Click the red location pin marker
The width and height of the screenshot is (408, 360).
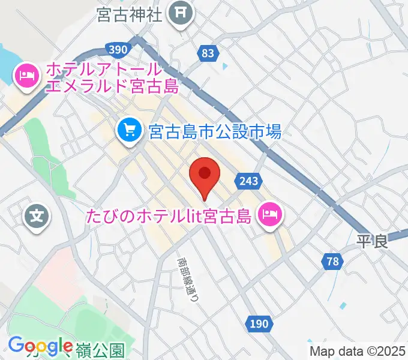pyautogui.click(x=204, y=175)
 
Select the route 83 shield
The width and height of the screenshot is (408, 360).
pyautogui.click(x=208, y=53)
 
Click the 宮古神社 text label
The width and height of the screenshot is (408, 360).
pyautogui.click(x=129, y=15)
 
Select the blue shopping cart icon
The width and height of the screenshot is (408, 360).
pyautogui.click(x=129, y=130)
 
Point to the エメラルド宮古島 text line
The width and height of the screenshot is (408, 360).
pyautogui.click(x=113, y=86)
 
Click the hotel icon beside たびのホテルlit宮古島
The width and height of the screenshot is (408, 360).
pyautogui.click(x=268, y=214)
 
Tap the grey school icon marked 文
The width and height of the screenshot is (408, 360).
pyautogui.click(x=37, y=214)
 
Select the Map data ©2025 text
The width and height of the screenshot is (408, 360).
pyautogui.click(x=357, y=351)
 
